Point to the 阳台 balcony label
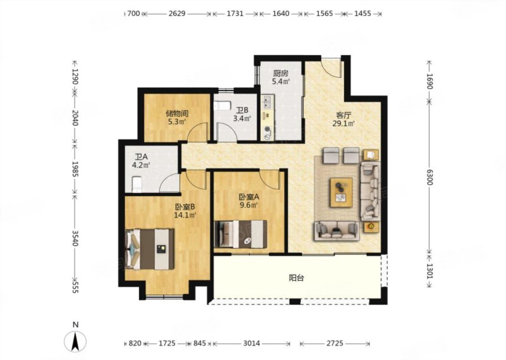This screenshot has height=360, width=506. pyautogui.click(x=296, y=278)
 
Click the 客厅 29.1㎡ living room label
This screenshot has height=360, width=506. pyautogui.click(x=343, y=119)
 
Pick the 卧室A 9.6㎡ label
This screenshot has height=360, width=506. pyautogui.click(x=249, y=201)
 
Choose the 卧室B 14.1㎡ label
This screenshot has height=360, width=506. pyautogui.click(x=185, y=211)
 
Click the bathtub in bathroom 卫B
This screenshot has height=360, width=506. pyautogui.click(x=223, y=106)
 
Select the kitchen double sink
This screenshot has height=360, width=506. pyautogui.click(x=268, y=102)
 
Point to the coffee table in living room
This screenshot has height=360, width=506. pyautogui.click(x=341, y=192)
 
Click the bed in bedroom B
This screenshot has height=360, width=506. pyautogui.click(x=150, y=249)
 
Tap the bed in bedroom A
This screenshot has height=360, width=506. pyautogui.click(x=241, y=234)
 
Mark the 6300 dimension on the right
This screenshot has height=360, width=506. pyautogui.click(x=429, y=177)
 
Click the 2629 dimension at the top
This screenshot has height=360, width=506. pyautogui.click(x=177, y=13)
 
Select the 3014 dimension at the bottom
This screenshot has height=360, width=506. pyautogui.click(x=251, y=343)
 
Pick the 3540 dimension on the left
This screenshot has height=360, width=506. pyautogui.click(x=75, y=238)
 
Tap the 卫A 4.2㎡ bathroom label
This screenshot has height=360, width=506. pyautogui.click(x=142, y=161)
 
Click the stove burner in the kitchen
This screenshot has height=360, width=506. pyautogui.click(x=268, y=130)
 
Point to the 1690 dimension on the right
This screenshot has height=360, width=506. pyautogui.click(x=429, y=81)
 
